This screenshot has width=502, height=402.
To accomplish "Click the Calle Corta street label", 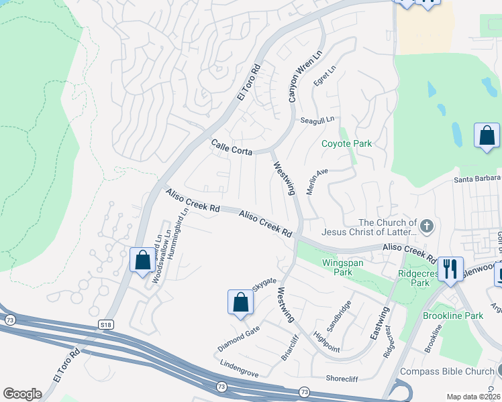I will tap(232, 147).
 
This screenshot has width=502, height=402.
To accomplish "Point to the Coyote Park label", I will tap(346, 143).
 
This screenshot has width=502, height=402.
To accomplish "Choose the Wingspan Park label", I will tap(342, 267).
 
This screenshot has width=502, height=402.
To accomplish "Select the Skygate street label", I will tap(264, 285).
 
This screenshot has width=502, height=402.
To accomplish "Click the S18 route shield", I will tap(105, 324).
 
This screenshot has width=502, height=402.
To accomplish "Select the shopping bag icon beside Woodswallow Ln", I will tap(142, 260).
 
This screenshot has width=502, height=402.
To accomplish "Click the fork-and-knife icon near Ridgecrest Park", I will tap(450, 269).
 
